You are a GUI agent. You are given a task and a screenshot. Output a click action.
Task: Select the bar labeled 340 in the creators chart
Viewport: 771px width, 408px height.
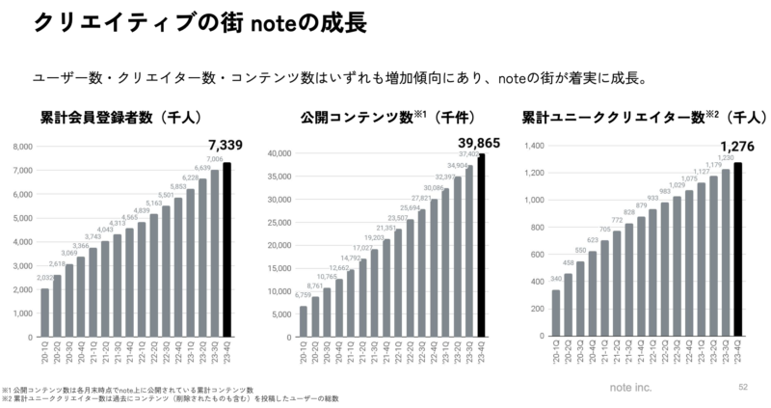[555, 313]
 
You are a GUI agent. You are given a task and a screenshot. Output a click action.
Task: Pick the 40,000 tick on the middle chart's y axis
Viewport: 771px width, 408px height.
[279, 153]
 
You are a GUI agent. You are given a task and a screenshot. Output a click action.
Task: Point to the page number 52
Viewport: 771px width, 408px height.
[742, 386]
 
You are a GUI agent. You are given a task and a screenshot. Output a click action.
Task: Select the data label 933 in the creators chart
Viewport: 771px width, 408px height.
[653, 198]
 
